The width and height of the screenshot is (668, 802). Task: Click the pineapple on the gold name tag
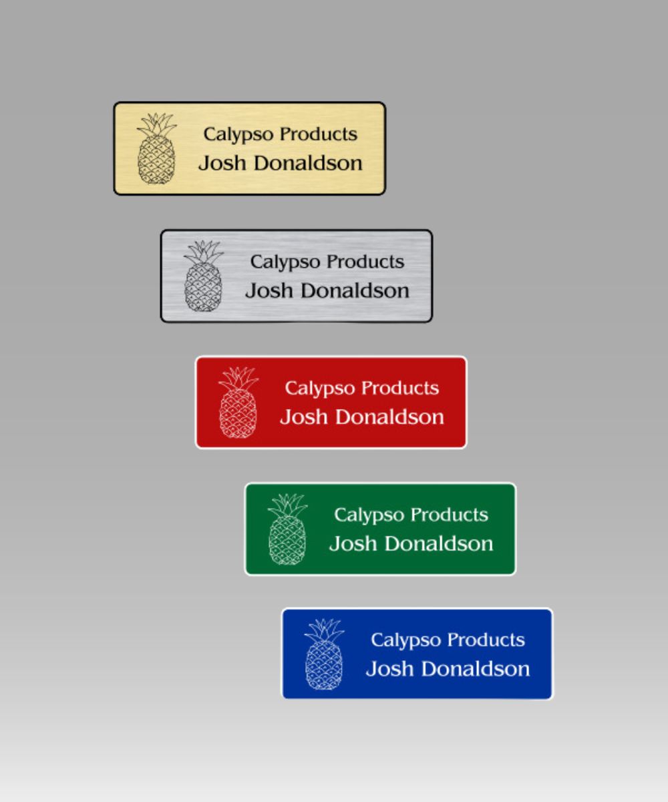coord(156,148)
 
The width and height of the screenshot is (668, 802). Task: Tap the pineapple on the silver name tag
coord(204,276)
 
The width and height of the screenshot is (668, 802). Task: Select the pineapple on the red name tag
coord(238,402)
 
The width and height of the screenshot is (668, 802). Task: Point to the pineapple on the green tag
coord(287,529)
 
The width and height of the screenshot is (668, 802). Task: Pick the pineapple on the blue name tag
coord(324,654)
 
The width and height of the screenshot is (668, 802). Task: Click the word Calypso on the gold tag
coord(238,135)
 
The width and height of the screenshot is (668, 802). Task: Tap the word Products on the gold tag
coord(319,134)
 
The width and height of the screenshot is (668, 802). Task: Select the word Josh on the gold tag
coord(222,163)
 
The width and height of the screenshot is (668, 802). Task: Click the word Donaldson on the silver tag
coord(355,290)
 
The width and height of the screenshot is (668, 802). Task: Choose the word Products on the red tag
coord(400,388)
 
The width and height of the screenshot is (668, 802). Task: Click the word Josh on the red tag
coord(304,417)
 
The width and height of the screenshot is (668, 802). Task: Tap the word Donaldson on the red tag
coord(389,417)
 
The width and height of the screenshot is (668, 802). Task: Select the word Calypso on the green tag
coord(369,516)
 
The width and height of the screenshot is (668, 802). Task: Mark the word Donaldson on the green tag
coord(439,543)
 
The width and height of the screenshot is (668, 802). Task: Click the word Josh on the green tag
coord(353,543)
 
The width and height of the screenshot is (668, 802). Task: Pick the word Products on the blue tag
coord(486,640)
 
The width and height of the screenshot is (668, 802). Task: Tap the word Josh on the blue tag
coord(389,669)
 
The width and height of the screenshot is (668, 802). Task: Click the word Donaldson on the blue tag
coord(476,669)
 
